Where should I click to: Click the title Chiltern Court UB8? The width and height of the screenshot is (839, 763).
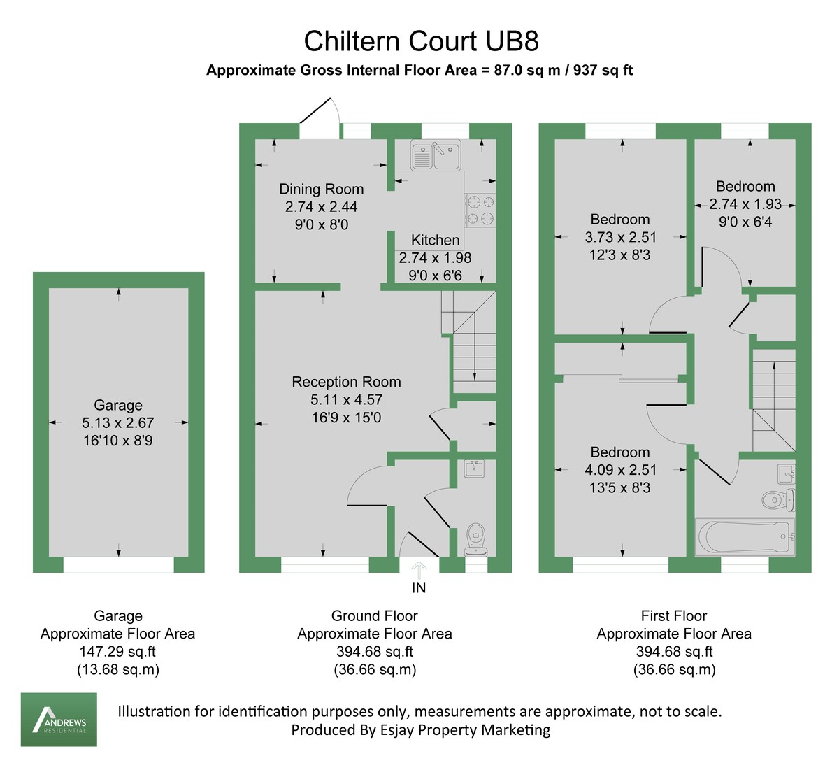coord(421,41)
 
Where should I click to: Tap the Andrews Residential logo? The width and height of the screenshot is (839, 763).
coord(59,719)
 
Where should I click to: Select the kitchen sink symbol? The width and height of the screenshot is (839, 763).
coord(436,156)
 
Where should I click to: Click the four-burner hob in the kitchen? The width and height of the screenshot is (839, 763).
coord(480,210)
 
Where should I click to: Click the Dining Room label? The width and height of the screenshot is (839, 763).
coord(321,189)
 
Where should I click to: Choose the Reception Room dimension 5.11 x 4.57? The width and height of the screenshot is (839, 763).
coord(346,400)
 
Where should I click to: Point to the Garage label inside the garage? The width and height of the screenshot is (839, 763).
coord(118,405)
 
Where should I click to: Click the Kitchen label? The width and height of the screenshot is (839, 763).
coord(435,240)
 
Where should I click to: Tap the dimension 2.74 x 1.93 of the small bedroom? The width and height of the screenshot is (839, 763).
coord(745,204)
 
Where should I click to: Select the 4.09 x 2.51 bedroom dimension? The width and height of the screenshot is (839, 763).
coord(619,470)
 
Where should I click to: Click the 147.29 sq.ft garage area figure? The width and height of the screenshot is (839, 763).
coord(117,651)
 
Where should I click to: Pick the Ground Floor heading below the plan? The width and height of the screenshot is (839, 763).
coord(374,615)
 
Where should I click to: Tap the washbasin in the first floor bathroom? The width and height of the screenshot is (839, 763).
coord(786,475)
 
